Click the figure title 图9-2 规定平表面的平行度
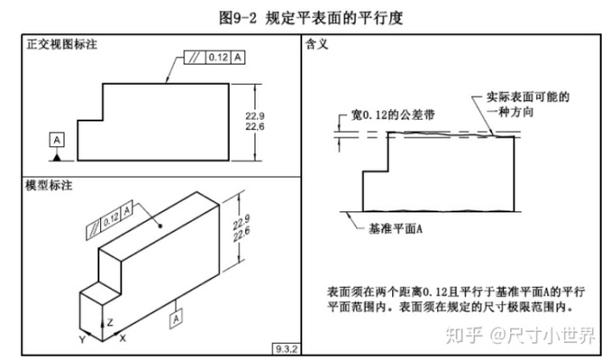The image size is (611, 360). click(306, 17)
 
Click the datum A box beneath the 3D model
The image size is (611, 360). click(177, 318)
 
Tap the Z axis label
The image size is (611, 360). click(110, 323)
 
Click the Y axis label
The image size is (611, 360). click(82, 339)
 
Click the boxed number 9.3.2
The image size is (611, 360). click(284, 348)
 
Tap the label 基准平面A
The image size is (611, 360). click(395, 228)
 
